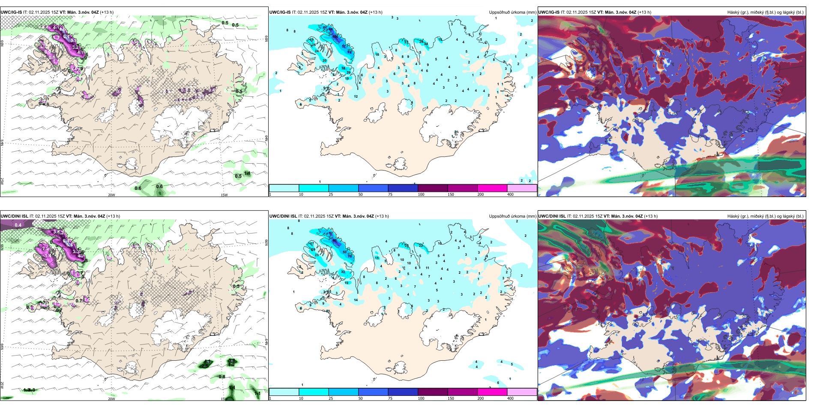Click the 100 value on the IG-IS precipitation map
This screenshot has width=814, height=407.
coord(335,37)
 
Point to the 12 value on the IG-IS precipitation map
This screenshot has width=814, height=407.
coord(356,96)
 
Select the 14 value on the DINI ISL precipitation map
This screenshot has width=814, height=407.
coord(356,300)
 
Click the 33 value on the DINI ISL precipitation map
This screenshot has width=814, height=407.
coord(343,272)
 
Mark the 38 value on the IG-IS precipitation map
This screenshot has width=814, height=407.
coord(343,68)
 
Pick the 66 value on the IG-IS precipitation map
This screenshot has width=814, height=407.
coord(331,30)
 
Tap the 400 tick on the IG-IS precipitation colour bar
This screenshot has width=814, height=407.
coord(510,195)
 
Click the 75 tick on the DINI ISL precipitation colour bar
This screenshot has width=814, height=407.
coord(391,398)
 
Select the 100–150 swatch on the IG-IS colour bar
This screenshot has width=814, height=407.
coord(432,188)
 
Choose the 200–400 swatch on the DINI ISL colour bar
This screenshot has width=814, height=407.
coord(492,392)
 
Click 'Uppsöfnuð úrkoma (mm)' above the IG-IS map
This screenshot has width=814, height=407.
coord(512,12)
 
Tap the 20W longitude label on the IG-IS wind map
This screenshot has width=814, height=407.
coord(111,195)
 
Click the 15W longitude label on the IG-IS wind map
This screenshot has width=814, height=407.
coord(224,195)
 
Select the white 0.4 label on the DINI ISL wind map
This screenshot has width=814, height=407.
coord(18,225)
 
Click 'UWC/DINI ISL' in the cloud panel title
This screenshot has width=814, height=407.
coord(552,216)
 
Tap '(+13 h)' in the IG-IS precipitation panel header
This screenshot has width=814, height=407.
coord(376,12)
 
